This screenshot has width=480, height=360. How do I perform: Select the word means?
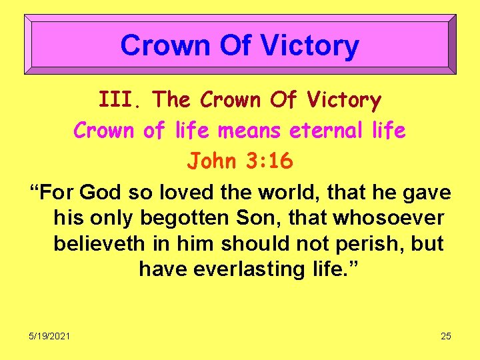(251, 131)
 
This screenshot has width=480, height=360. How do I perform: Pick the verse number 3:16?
(270, 161)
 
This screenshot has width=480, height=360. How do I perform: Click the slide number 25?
(446, 336)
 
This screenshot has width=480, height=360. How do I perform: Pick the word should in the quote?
(253, 243)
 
